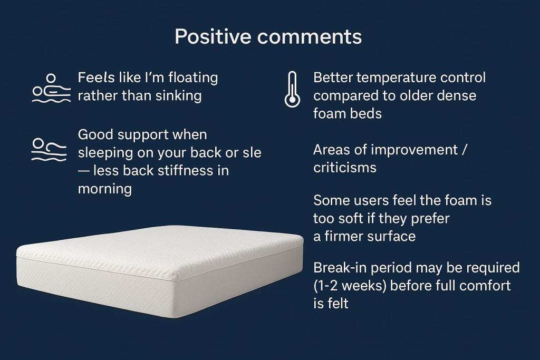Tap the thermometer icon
pyautogui.click(x=292, y=90)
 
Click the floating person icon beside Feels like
pyautogui.click(x=50, y=87)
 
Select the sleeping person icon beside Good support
pyautogui.click(x=49, y=149)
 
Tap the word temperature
pyautogui.click(x=399, y=77)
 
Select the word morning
pyautogui.click(x=104, y=189)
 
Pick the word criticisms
pyautogui.click(x=345, y=168)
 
